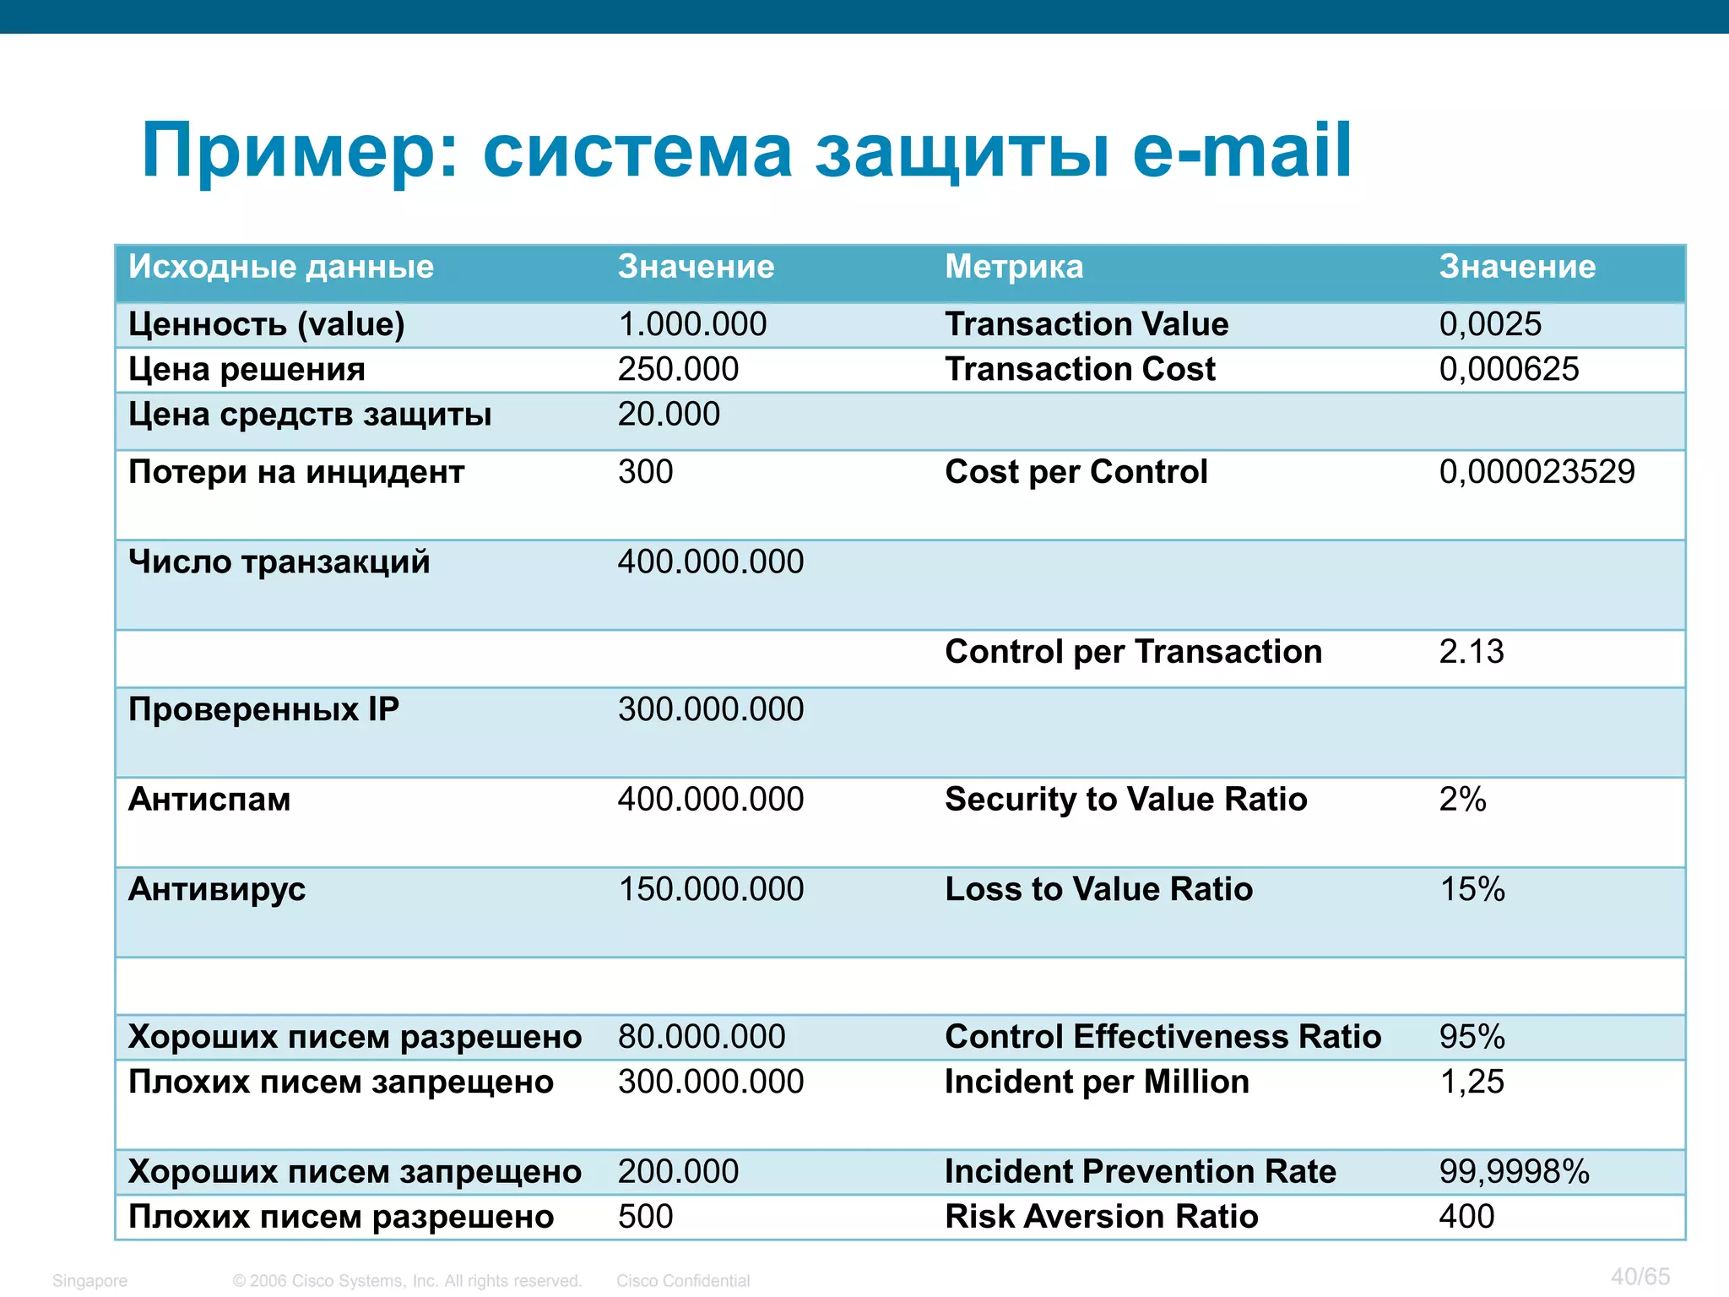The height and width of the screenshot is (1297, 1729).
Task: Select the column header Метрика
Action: click(1013, 267)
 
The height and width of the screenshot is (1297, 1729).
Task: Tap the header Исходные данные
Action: click(281, 267)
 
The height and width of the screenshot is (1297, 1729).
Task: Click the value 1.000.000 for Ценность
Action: click(692, 324)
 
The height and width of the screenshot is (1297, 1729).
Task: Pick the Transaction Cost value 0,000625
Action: click(1509, 369)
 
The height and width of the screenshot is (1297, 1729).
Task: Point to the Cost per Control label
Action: click(1076, 472)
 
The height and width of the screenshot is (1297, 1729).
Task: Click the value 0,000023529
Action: click(1537, 472)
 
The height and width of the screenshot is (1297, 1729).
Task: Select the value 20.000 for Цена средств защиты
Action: click(669, 415)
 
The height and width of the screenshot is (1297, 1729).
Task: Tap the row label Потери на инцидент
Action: click(296, 472)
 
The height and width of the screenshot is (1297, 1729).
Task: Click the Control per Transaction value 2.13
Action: click(1472, 652)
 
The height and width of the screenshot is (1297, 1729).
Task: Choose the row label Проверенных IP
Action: click(263, 709)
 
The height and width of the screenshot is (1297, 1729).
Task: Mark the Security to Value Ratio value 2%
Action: click(1462, 800)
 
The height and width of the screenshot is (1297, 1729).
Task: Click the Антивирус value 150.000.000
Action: click(711, 889)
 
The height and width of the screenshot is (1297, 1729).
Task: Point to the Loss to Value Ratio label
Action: click(1098, 889)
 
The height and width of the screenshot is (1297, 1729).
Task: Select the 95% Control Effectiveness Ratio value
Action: click(1472, 1037)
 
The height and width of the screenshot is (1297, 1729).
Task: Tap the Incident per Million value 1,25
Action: click(1472, 1082)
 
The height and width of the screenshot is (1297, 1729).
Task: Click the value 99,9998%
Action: click(1514, 1172)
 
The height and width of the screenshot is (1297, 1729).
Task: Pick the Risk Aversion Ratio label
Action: click(1101, 1217)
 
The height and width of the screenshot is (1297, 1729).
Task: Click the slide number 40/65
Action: click(1640, 1276)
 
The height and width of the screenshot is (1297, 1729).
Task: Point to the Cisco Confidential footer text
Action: click(683, 1281)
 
